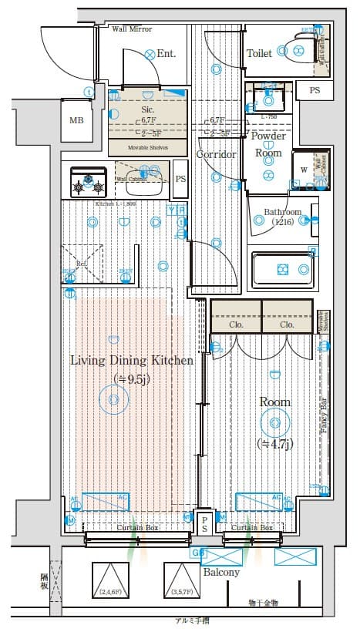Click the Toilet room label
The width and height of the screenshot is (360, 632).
(x=259, y=53)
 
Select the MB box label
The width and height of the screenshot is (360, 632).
(x=76, y=121)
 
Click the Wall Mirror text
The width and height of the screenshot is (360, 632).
(x=133, y=29)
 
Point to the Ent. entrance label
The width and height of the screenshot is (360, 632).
(x=167, y=54)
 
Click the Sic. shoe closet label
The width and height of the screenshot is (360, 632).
(x=148, y=109)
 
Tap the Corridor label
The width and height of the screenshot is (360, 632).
(x=216, y=154)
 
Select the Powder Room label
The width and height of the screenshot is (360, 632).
(x=269, y=144)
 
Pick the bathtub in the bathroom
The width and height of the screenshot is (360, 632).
(x=282, y=269)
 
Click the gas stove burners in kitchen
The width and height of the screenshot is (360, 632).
(x=87, y=183)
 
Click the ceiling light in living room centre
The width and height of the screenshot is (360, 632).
(x=114, y=398)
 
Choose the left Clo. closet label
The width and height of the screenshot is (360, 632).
(x=236, y=324)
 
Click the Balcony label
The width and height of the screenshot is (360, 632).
(x=221, y=573)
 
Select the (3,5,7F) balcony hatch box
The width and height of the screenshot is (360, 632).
(x=182, y=580)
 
